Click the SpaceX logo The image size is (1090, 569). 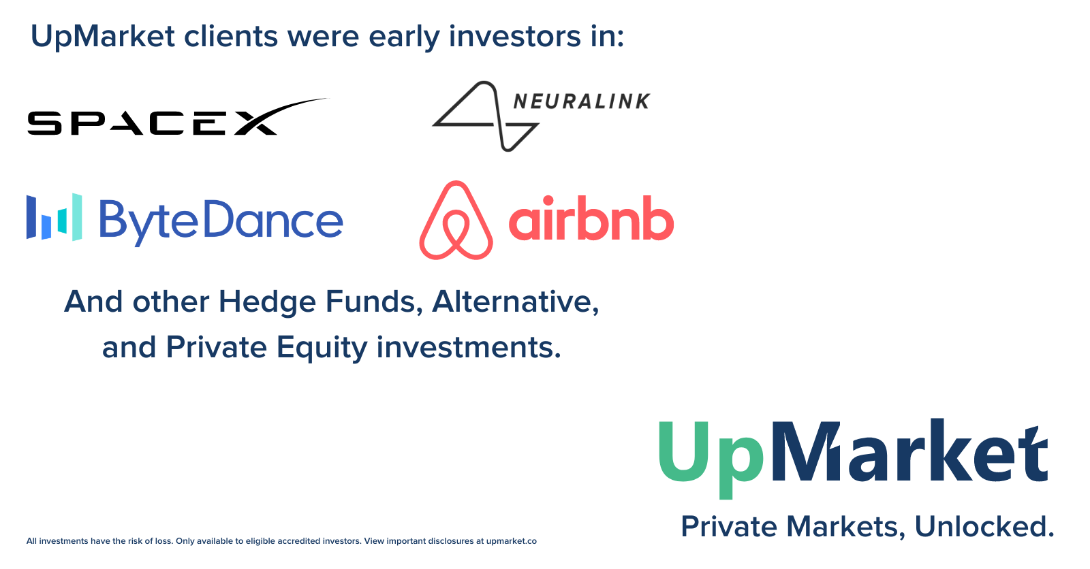(x=178, y=116)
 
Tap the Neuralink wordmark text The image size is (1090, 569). (x=582, y=101)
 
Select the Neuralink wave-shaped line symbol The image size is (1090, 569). (x=486, y=116)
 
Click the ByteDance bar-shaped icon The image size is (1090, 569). (x=54, y=217)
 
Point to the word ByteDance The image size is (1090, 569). (x=221, y=222)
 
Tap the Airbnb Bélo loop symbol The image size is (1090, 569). (x=456, y=221)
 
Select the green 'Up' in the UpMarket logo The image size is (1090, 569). (x=711, y=459)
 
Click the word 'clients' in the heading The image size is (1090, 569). (x=231, y=36)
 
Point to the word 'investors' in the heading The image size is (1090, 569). (x=515, y=37)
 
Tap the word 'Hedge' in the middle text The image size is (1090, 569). (x=268, y=302)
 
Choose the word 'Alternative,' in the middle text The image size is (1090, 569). (x=516, y=302)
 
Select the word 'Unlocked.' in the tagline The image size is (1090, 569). (x=984, y=527)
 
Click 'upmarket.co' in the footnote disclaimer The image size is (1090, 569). (x=512, y=541)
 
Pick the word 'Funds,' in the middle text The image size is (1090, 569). (x=374, y=302)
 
